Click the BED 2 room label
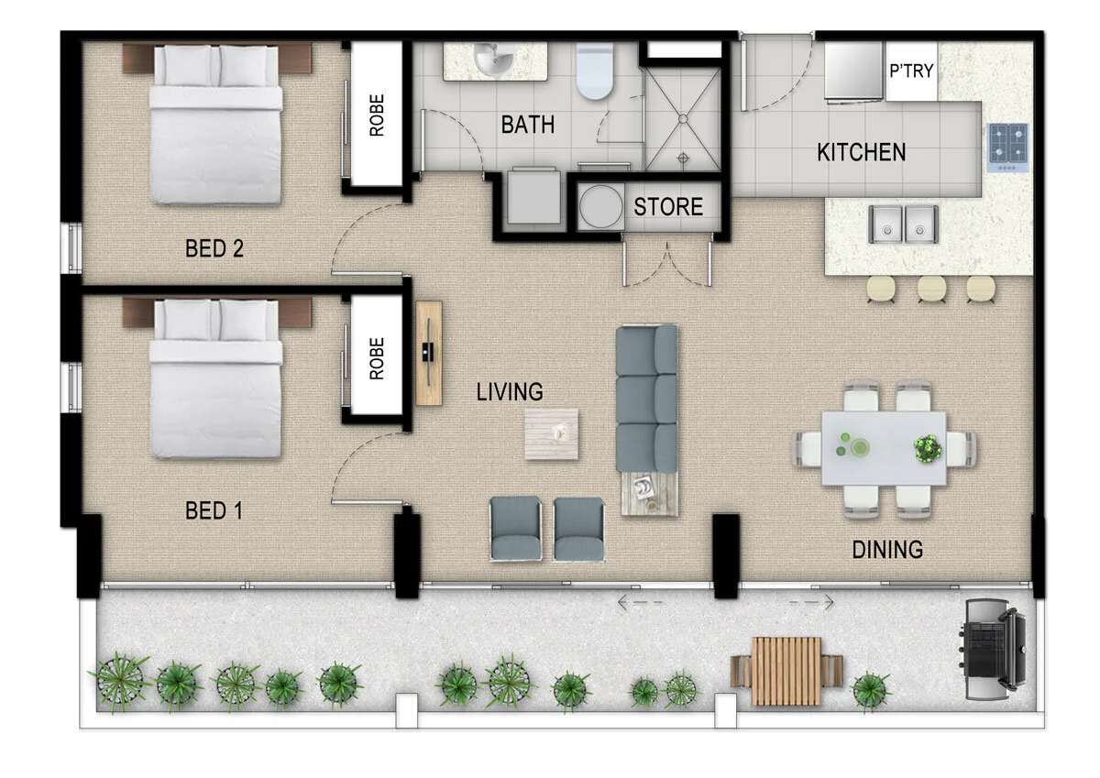pyautogui.click(x=214, y=248)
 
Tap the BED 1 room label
pyautogui.click(x=214, y=510)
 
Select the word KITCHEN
pyautogui.click(x=861, y=152)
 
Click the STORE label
pyautogui.click(x=668, y=207)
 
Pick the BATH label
pyautogui.click(x=527, y=125)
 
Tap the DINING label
pyautogui.click(x=886, y=550)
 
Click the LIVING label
pyautogui.click(x=510, y=392)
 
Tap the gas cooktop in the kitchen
pyautogui.click(x=1007, y=148)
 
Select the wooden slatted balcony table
pyautogui.click(x=786, y=671)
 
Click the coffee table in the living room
pyautogui.click(x=551, y=434)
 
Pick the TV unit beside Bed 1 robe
pyautogui.click(x=428, y=352)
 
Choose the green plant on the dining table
pyautogui.click(x=928, y=448)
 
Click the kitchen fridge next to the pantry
pyautogui.click(x=852, y=71)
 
